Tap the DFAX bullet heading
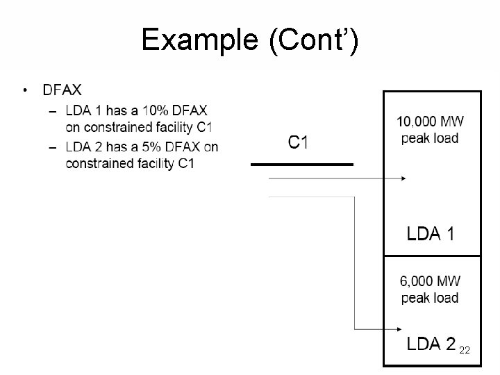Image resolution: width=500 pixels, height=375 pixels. [62, 90]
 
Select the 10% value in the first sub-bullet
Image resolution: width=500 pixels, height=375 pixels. [154, 110]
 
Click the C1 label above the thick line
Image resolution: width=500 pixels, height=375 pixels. [299, 143]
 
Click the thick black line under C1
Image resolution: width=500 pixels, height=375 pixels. [301, 165]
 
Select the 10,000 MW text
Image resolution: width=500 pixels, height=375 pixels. [431, 122]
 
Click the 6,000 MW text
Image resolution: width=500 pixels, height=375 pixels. [430, 282]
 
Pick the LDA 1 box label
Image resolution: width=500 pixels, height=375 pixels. [431, 234]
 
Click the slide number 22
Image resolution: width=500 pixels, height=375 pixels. [465, 351]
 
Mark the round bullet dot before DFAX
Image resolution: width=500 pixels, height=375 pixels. [25, 90]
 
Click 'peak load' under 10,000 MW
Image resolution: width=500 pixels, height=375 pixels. [430, 138]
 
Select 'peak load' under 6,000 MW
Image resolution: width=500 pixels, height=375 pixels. [430, 298]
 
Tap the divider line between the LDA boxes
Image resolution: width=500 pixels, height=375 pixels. [432, 256]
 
